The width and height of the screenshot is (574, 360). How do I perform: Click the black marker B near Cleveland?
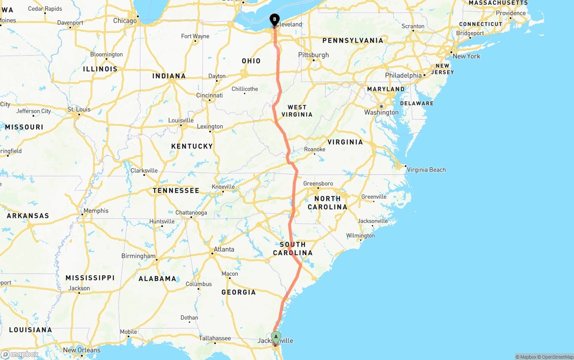[x=274, y=19]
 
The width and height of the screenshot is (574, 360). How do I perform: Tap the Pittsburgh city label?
[x=313, y=55]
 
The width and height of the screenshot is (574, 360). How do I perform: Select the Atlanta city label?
[x=224, y=249]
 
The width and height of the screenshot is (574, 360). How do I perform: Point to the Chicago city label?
[x=125, y=21]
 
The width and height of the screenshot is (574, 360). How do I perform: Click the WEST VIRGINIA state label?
[x=297, y=111]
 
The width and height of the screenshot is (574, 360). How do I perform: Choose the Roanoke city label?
[x=314, y=149]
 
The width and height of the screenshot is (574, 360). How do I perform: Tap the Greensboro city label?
[x=318, y=183]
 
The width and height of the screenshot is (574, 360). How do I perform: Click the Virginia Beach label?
[x=426, y=169]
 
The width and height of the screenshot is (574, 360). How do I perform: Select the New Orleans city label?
[x=82, y=350]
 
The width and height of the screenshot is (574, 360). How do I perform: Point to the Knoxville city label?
[x=223, y=187]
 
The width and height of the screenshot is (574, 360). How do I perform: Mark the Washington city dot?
[x=381, y=106]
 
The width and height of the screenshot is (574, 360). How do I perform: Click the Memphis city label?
[x=96, y=211]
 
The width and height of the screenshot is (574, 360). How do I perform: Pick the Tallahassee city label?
[x=215, y=338]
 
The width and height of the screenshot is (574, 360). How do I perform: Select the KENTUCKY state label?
[x=192, y=146]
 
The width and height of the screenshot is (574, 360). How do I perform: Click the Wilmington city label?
[x=360, y=236]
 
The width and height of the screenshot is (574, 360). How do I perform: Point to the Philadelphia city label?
[x=403, y=75]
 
